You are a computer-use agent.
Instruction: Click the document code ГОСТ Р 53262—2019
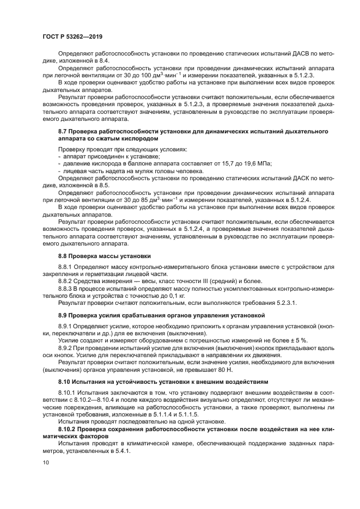72,36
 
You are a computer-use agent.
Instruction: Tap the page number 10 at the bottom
46,462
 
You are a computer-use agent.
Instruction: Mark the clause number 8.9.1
66,325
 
